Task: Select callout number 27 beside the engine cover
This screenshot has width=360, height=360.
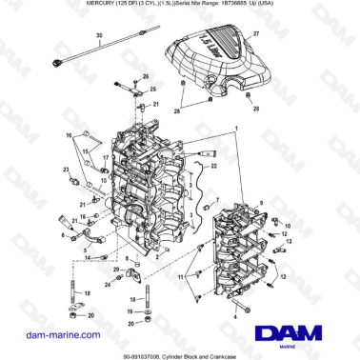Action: pyautogui.click(x=255, y=33)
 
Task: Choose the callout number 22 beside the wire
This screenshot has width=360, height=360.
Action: pyautogui.click(x=213, y=166)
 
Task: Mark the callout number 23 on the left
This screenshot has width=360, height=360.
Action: pyautogui.click(x=68, y=169)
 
